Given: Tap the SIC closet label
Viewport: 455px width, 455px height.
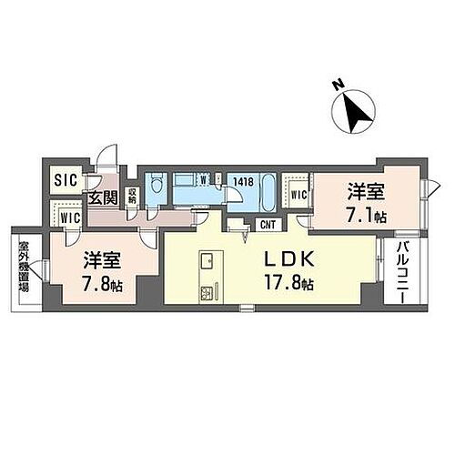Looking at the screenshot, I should click(x=64, y=180).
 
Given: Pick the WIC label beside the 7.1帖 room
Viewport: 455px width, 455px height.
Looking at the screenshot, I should click(x=298, y=192).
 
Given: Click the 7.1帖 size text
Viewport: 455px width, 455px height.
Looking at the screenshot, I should click(x=368, y=216).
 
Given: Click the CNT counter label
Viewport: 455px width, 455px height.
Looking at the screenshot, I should click(x=268, y=224).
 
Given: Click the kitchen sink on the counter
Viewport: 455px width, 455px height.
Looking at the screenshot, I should click(x=206, y=256).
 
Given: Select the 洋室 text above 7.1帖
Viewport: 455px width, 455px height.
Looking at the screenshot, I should click(x=361, y=193).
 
